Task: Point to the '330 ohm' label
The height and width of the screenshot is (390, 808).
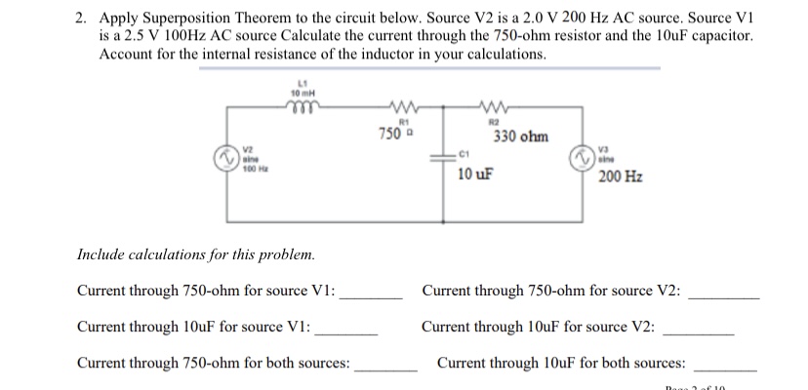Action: click(521, 137)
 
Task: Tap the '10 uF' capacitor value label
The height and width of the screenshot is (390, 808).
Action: click(475, 176)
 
